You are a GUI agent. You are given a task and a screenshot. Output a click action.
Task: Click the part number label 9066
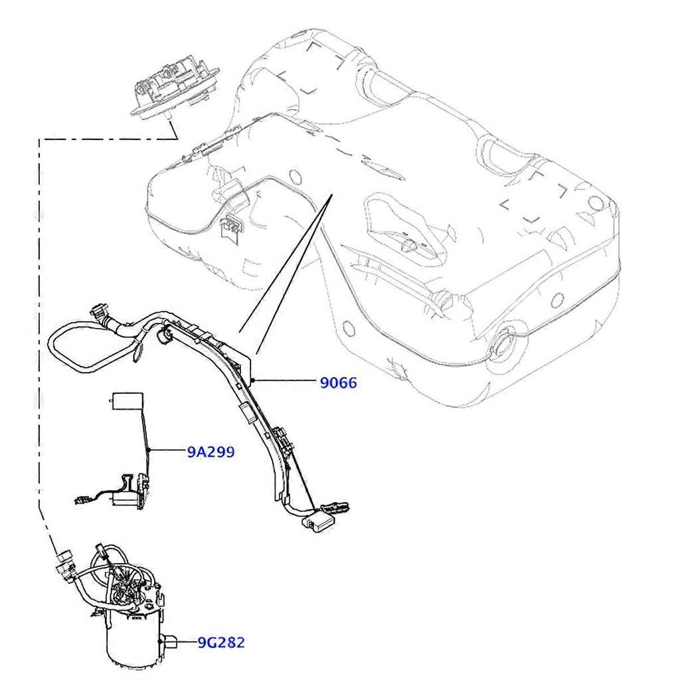click(338, 382)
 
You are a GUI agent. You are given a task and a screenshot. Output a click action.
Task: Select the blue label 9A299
click(211, 452)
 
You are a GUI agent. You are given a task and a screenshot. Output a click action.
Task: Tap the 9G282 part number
click(221, 642)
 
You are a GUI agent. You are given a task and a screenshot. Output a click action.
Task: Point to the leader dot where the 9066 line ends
click(254, 381)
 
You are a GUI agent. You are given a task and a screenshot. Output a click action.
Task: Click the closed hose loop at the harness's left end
click(73, 346)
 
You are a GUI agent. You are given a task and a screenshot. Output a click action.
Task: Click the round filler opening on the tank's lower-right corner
click(502, 346)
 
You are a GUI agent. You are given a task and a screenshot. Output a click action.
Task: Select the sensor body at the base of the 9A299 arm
click(126, 491)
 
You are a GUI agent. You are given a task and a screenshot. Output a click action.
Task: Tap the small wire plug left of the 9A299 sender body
click(82, 499)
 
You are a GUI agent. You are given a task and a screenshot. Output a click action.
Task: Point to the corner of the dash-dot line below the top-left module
click(41, 139)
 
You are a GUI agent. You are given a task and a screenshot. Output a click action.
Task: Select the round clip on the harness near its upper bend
click(165, 338)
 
